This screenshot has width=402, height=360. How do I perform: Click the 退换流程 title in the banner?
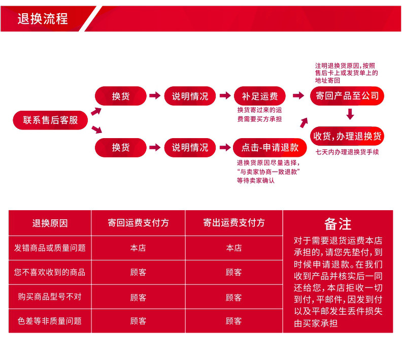tap(43, 19)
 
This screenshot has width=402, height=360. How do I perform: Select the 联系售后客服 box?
tap(50, 120)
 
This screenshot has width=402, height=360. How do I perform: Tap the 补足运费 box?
tap(259, 96)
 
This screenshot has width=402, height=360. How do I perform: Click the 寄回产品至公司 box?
tap(347, 96)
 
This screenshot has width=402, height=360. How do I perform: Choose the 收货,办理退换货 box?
tap(347, 136)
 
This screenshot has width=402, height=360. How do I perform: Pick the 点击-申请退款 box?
tap(270, 147)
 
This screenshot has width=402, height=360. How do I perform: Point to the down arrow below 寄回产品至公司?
tap(349, 114)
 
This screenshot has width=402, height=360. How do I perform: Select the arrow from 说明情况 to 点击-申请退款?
tap(224, 148)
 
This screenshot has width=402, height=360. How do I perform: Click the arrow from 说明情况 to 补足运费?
tap(224, 96)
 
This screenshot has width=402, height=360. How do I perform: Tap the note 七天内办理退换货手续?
tap(347, 152)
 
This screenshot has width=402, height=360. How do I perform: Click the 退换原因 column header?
tap(50, 223)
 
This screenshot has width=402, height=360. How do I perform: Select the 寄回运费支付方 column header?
tap(138, 223)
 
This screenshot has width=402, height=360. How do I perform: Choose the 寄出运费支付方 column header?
tap(233, 223)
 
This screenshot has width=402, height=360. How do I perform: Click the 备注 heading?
tap(338, 224)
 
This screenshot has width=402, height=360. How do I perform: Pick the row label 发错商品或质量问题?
tap(50, 248)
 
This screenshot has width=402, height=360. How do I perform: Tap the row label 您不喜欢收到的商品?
tap(50, 272)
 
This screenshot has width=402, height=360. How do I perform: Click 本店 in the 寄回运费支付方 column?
tap(138, 248)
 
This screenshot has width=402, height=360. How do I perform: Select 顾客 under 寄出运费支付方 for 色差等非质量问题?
tap(233, 321)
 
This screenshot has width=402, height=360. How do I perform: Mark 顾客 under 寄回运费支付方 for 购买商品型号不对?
tap(138, 297)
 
